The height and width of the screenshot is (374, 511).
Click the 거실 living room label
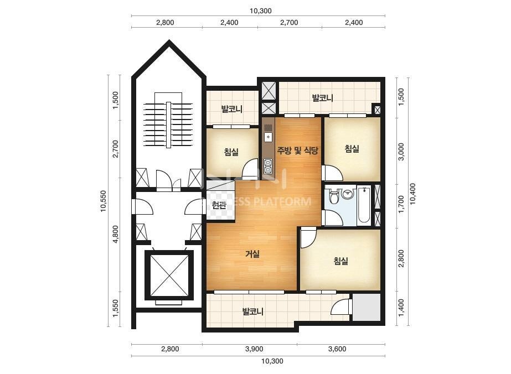click(252, 254)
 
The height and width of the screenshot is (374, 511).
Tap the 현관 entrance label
click(219, 205)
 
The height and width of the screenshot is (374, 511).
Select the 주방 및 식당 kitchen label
click(297, 150)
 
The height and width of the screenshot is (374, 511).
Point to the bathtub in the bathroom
click(363, 205)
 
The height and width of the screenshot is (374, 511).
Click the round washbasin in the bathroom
click(348, 194)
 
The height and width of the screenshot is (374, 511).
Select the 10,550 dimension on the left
click(104, 201)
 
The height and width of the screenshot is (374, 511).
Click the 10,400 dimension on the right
click(412, 194)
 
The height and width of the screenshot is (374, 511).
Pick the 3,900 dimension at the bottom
click(254, 349)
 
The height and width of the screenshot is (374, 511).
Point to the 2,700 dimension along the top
click(290, 23)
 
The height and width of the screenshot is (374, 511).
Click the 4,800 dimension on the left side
click(115, 234)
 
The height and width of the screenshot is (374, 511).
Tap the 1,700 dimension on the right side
click(401, 204)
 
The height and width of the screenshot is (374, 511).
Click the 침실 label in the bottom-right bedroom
click(341, 261)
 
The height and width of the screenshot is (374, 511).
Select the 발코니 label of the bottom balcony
click(253, 312)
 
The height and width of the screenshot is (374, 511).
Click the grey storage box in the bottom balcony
click(367, 307)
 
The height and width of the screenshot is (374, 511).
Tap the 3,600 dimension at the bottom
click(337, 349)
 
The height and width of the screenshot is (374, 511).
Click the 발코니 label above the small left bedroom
click(232, 109)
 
